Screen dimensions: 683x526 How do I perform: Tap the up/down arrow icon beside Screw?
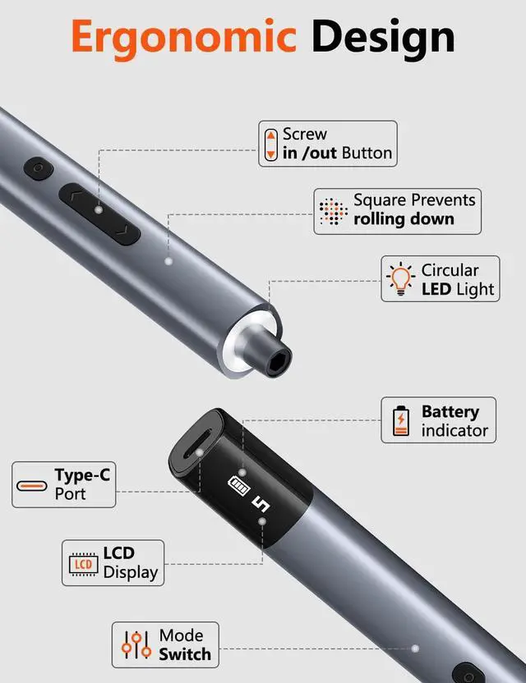[x=270, y=144]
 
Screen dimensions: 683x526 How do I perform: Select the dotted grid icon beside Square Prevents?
[x=332, y=212]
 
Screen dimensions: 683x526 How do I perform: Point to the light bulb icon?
[x=401, y=279]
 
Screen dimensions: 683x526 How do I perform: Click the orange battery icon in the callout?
[x=400, y=420]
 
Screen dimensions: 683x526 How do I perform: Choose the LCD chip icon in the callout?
[x=82, y=563]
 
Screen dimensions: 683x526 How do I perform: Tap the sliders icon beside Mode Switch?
[x=136, y=644]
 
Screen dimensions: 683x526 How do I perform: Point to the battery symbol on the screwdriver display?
[x=239, y=484]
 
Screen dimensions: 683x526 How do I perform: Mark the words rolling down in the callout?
[x=404, y=219]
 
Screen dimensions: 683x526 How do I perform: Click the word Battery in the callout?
[x=450, y=411]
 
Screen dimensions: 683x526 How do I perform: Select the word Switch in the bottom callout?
[x=185, y=654]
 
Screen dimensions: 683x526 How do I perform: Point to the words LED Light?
[x=458, y=289]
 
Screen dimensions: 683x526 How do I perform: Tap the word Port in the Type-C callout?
[x=71, y=494]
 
